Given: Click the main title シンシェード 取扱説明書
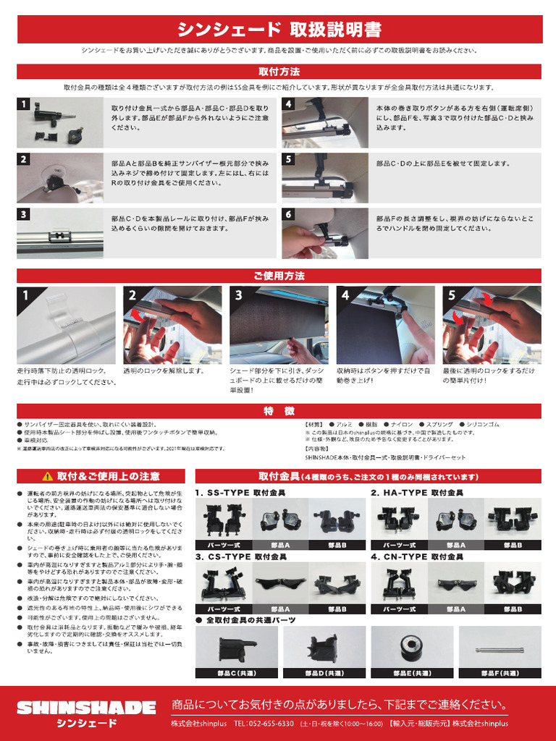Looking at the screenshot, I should pos(279,30).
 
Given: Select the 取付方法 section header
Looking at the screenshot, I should pos(279,72).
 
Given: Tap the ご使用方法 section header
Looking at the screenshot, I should pos(279,276).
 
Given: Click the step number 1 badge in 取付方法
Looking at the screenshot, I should pos(24,104).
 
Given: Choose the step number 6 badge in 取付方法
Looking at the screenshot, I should pos(288,214).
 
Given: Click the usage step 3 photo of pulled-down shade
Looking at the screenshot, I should pos(279,326).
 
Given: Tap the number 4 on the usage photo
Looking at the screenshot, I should pos(345,295).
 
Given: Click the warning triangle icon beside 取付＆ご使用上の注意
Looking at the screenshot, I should pos(47,476).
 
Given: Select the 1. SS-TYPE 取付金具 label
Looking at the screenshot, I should pos(240,493).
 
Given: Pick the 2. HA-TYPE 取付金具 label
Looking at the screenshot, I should pos(417,493).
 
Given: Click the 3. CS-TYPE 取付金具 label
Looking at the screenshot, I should pos(241,557).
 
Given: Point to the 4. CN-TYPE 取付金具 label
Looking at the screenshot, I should pos(418,557).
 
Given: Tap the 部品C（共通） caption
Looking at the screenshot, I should pos(236,673).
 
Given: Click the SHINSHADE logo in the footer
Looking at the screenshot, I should pos(86,707).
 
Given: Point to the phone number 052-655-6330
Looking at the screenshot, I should pos(273,724).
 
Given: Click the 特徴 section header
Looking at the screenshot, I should pos(279,411).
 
